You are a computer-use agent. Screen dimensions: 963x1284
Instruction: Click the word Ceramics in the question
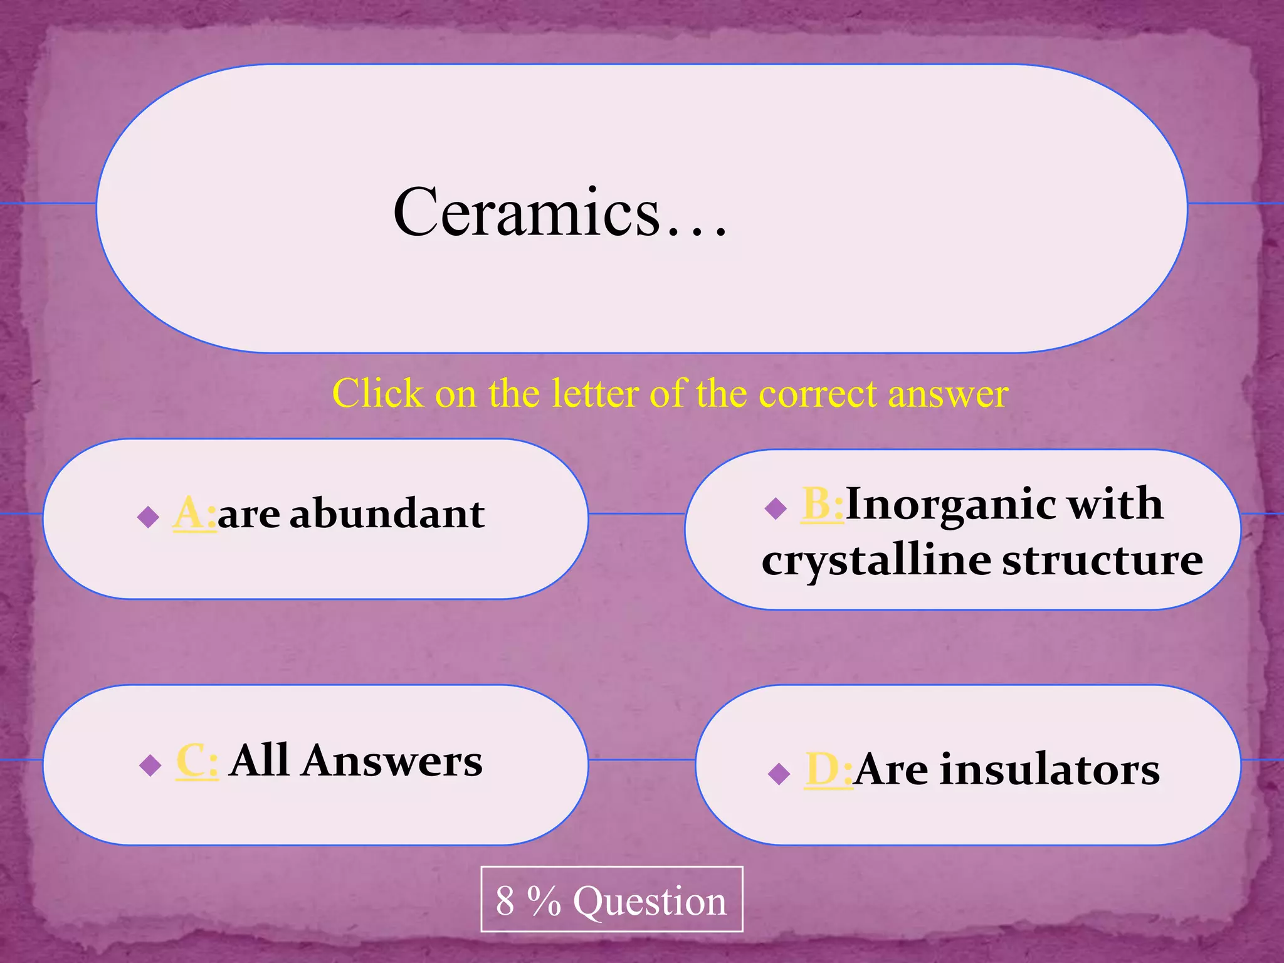point(527,213)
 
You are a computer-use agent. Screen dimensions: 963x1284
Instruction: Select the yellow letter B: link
point(822,504)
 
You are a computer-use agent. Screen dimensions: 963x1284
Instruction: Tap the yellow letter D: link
point(828,769)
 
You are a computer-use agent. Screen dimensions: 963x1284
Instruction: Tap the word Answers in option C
point(391,761)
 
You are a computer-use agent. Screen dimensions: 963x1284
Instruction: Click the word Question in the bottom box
point(650,901)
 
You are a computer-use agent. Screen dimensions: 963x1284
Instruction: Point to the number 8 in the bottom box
point(505,901)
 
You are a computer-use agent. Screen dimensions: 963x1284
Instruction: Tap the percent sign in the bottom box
point(544,901)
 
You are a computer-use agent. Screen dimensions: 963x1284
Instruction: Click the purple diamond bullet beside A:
point(149,517)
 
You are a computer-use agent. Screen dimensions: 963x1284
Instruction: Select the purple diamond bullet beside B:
point(776,508)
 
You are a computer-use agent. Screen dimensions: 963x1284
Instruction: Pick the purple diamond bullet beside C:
point(150,765)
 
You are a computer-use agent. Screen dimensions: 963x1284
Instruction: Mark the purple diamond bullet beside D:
point(779,774)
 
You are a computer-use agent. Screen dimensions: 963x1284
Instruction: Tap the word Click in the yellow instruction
point(377,394)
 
